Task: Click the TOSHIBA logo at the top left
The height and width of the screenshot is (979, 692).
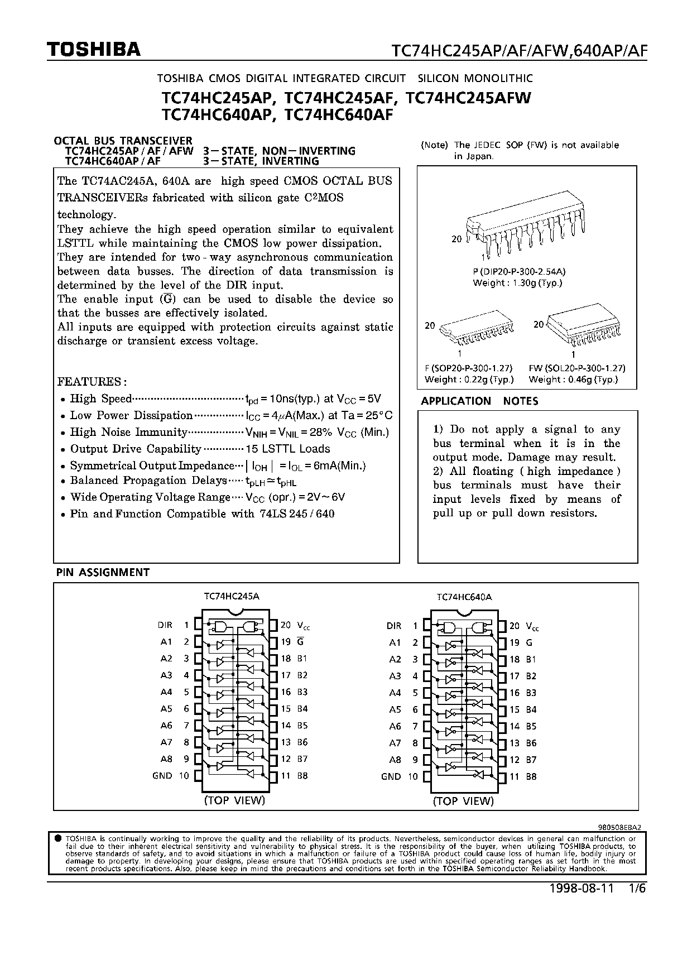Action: (93, 50)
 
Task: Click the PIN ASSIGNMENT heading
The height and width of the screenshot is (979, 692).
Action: (103, 572)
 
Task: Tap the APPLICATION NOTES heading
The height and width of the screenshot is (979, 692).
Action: (479, 401)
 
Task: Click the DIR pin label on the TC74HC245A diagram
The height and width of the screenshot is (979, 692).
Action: (165, 625)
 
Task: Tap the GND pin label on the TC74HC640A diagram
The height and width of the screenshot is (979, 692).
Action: (391, 776)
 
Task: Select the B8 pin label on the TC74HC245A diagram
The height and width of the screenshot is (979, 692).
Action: (302, 775)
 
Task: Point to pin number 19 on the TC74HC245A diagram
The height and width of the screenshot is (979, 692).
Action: (286, 642)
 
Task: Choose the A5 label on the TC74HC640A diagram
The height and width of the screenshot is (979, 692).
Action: (395, 709)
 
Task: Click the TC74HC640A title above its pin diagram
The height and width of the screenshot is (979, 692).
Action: (464, 597)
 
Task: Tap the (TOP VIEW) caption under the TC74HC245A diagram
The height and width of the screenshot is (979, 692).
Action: (234, 800)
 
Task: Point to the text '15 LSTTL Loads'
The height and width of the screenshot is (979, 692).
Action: (287, 449)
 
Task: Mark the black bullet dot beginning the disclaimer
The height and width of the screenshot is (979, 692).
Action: (58, 838)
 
